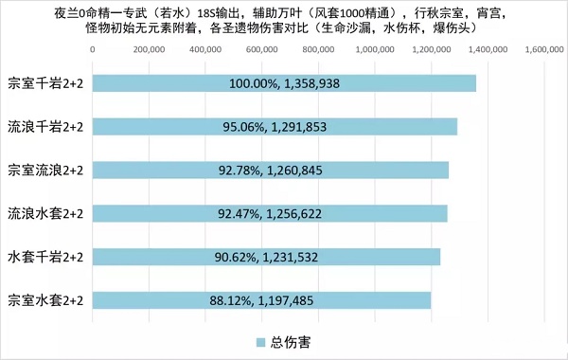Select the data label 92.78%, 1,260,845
coord(285,170)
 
